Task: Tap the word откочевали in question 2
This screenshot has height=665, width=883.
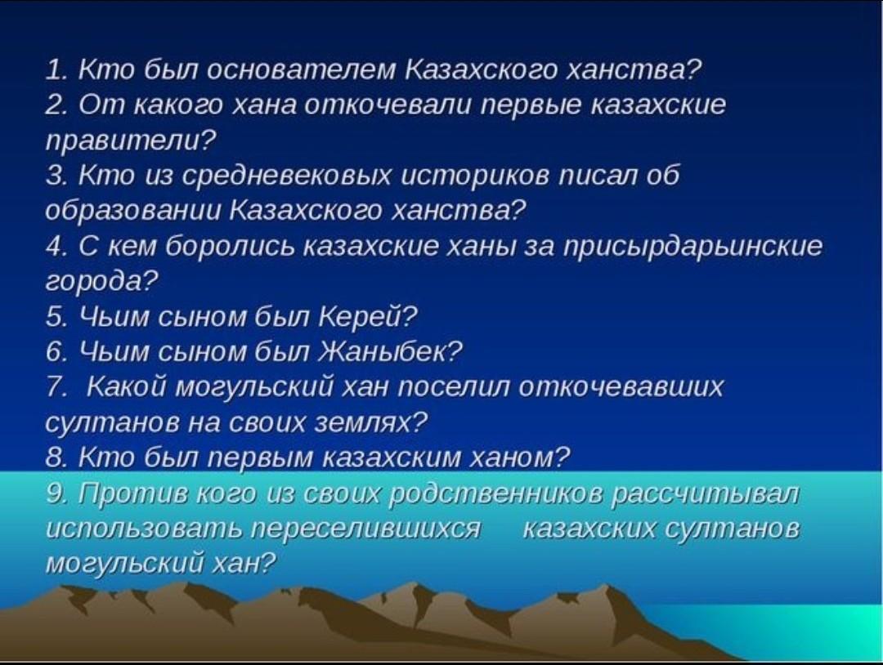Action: tap(388, 105)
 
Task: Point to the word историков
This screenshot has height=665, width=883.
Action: tap(475, 176)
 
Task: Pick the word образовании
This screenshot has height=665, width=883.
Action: tap(133, 211)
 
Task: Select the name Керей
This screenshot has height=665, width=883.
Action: tap(367, 317)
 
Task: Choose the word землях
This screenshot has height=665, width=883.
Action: tap(370, 422)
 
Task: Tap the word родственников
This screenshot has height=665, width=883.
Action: tap(495, 494)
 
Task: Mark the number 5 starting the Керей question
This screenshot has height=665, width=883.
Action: tap(56, 317)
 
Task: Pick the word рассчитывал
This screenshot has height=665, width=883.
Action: tap(705, 494)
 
